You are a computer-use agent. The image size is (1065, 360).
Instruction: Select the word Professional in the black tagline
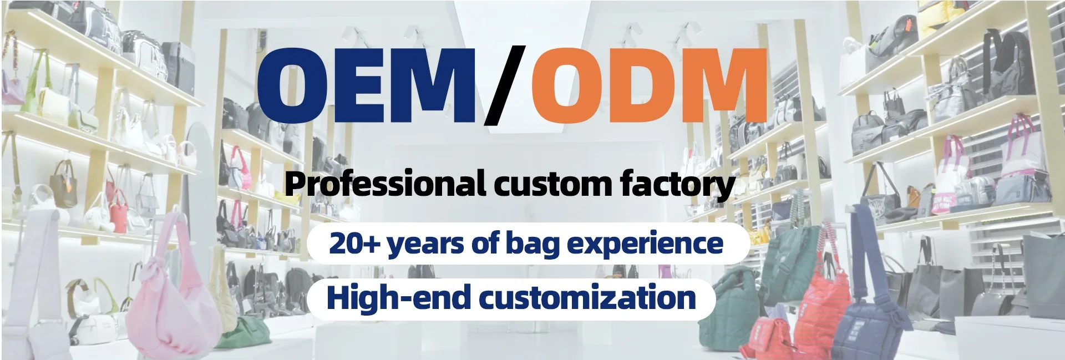tap(385, 185)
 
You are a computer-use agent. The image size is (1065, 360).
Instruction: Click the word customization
tap(587, 297)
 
